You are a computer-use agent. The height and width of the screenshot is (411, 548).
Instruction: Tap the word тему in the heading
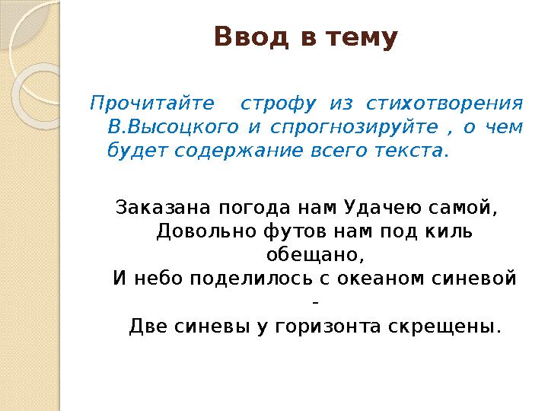tap(361, 37)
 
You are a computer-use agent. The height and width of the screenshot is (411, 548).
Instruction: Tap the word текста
tap(409, 150)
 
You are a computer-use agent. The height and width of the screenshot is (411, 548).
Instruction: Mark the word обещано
tap(311, 254)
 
